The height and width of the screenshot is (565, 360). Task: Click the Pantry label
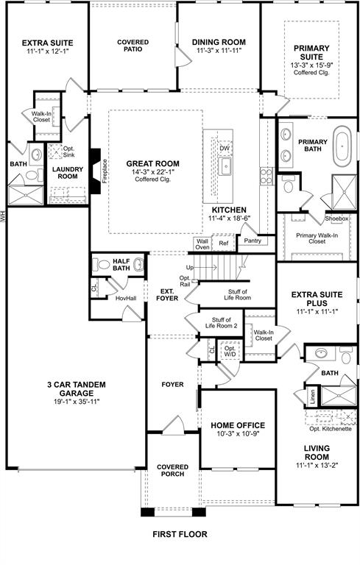[253, 241]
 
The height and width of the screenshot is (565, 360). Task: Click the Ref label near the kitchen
[224, 243]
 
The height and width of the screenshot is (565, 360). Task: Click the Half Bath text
[117, 264]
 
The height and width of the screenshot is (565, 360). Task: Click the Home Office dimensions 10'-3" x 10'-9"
[237, 436]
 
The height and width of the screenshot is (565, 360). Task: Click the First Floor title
[180, 534]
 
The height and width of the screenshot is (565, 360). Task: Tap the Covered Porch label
[173, 471]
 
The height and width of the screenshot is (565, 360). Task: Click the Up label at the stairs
[189, 267]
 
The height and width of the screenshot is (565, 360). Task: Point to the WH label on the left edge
[4, 216]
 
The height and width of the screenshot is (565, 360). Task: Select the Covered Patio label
[133, 47]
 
